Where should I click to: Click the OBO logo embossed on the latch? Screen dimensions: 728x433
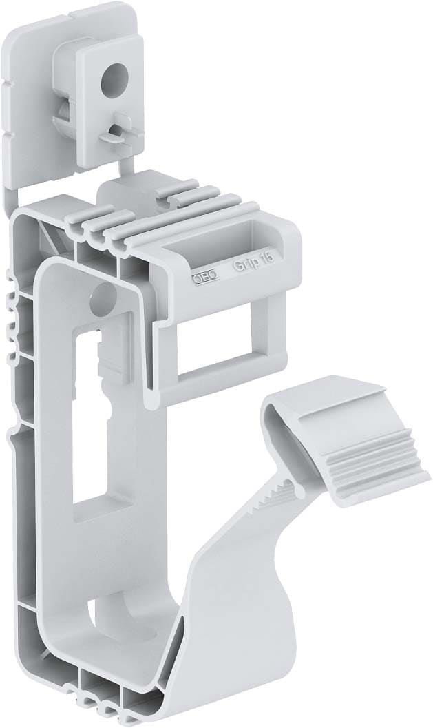[x=204, y=276]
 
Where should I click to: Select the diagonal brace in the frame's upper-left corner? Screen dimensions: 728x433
[x=47, y=238]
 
